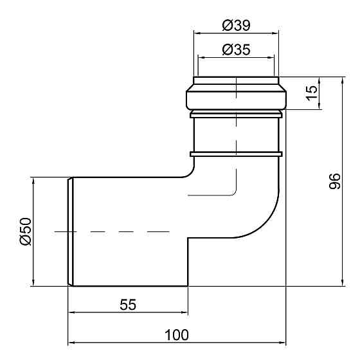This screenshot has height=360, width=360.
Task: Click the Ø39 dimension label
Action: (x=236, y=25)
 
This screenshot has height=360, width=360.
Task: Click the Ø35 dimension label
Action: (x=236, y=49)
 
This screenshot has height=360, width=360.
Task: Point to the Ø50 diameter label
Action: (x=25, y=231)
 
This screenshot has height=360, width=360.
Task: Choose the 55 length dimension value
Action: (x=128, y=305)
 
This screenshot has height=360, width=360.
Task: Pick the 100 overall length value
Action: (x=176, y=334)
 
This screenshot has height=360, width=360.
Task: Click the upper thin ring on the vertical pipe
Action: (x=236, y=114)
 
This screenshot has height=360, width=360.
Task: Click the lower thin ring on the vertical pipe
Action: (x=236, y=154)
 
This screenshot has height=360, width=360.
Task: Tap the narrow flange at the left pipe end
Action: (x=71, y=231)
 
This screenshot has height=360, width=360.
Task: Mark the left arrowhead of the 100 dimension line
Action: (x=72, y=343)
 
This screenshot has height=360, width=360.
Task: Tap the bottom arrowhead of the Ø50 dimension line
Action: (x=32, y=282)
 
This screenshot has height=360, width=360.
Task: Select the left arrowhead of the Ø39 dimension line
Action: (x=197, y=33)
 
